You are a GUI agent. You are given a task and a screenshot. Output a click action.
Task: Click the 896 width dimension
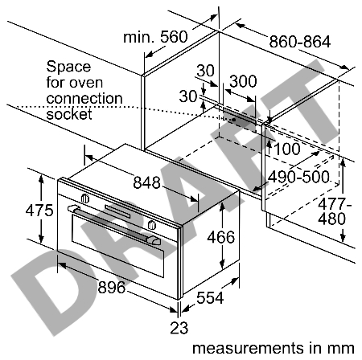(112, 288)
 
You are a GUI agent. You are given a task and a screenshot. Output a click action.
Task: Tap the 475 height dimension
(39, 211)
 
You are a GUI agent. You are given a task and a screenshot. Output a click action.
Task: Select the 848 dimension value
(146, 182)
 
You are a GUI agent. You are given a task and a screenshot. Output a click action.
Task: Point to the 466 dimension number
(221, 237)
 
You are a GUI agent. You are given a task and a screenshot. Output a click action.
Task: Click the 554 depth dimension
(210, 297)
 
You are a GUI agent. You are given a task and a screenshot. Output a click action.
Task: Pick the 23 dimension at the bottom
(179, 328)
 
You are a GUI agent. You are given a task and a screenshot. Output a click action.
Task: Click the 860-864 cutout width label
(300, 42)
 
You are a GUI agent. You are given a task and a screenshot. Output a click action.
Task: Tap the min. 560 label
(155, 37)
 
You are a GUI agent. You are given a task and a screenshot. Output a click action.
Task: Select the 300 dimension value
(243, 81)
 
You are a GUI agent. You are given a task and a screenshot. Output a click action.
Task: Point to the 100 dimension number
(287, 149)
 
